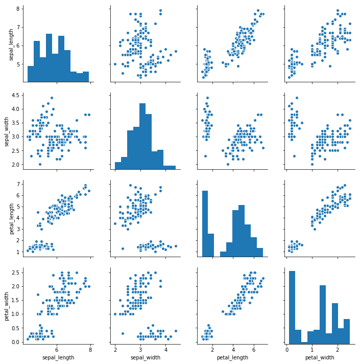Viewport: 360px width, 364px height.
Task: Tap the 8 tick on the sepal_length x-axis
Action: coord(90,350)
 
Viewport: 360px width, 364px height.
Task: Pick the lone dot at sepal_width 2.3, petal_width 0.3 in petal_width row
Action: coord(123,333)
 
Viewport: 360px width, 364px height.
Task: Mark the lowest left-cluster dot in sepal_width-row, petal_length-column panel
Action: coord(205,156)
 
